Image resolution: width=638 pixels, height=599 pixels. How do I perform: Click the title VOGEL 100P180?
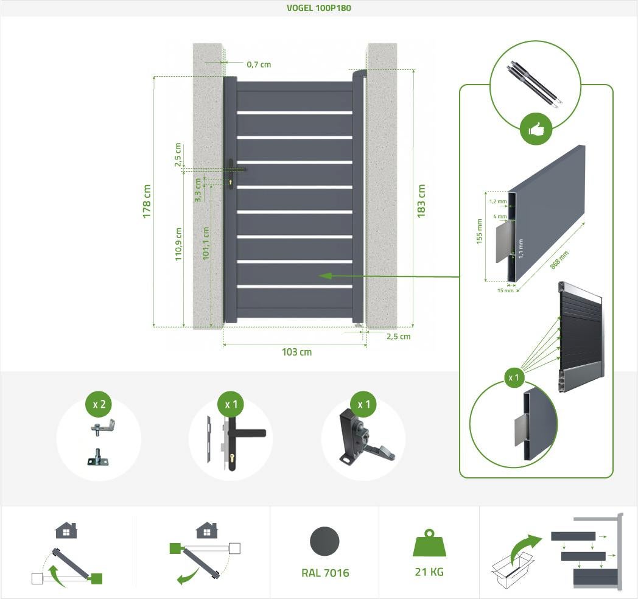[318, 8]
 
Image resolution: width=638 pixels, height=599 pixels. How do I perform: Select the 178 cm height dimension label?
[147, 201]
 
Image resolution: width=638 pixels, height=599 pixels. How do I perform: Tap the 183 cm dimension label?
[421, 200]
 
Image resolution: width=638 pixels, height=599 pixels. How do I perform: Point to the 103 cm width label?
[296, 352]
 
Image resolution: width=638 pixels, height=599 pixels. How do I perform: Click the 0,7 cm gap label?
[259, 64]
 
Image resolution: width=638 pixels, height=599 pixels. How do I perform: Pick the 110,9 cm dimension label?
[179, 244]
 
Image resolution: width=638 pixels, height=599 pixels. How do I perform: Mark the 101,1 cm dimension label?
[206, 243]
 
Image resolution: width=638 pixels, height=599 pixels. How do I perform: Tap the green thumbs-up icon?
[536, 129]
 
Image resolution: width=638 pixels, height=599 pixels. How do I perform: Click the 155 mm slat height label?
[479, 231]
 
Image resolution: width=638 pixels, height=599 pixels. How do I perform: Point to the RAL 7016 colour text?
[325, 573]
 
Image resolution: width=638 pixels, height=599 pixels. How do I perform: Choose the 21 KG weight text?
[429, 572]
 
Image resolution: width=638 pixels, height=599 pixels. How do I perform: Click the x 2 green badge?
[99, 404]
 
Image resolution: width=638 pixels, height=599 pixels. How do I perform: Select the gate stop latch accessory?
[364, 442]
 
